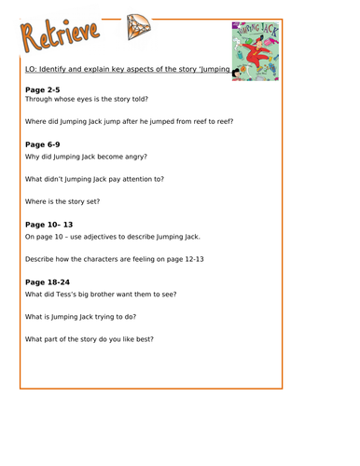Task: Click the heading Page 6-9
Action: (x=44, y=144)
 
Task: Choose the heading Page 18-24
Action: (x=48, y=282)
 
